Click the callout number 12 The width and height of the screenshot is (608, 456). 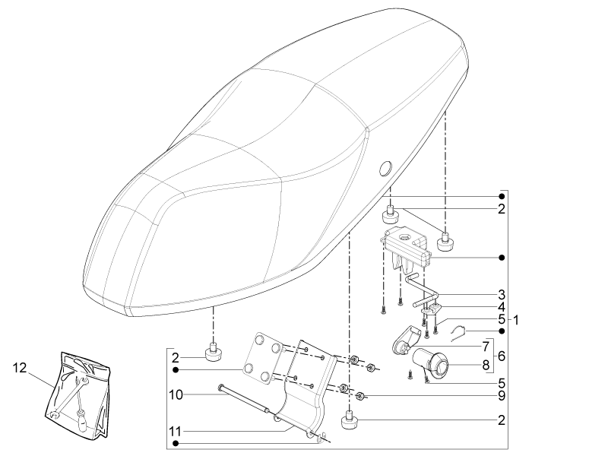click(x=20, y=367)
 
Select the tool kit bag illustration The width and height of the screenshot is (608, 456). click(x=77, y=395)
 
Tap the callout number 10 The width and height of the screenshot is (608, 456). click(x=176, y=394)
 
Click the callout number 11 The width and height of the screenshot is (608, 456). click(x=176, y=431)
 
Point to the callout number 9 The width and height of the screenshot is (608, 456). click(x=502, y=395)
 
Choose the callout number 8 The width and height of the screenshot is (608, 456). click(x=486, y=365)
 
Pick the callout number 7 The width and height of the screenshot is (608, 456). click(x=486, y=347)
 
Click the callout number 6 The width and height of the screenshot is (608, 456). click(x=502, y=356)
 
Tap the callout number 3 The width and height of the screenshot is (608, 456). click(x=502, y=294)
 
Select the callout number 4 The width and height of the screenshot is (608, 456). click(x=502, y=307)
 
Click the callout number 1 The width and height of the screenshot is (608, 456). click(x=516, y=320)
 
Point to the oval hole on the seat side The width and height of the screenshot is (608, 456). click(x=385, y=169)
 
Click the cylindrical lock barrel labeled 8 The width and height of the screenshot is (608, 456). click(x=430, y=363)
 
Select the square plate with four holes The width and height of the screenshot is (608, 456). click(x=263, y=358)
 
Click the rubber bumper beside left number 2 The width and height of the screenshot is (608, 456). click(x=213, y=352)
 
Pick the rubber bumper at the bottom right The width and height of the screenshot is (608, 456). click(x=350, y=420)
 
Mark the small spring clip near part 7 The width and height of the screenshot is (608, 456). click(x=458, y=333)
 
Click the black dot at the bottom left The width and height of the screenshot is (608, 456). click(x=176, y=443)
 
